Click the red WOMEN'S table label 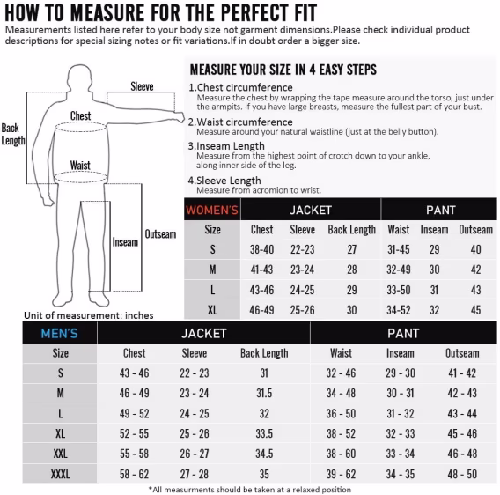(x=212, y=210)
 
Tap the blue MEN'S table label (x=59, y=334)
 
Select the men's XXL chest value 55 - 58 (x=135, y=454)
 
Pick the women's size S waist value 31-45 (x=398, y=249)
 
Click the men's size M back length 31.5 (x=264, y=393)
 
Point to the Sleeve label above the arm (x=142, y=86)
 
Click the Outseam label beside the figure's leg (x=160, y=234)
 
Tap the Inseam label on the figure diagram (x=125, y=242)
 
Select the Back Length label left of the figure (x=12, y=134)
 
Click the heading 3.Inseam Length (x=226, y=146)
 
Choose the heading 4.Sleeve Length (x=224, y=181)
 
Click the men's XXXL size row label (x=60, y=474)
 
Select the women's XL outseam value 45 (x=475, y=310)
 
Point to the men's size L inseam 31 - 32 (x=401, y=414)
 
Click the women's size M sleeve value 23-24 (x=302, y=270)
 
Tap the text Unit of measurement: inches (x=89, y=315)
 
